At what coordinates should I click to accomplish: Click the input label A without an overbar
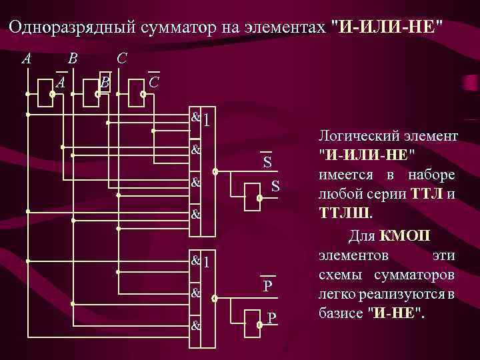tap(26, 59)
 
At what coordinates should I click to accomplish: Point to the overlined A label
tap(61, 82)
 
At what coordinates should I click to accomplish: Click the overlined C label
tap(154, 82)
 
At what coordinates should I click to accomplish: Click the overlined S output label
tap(267, 163)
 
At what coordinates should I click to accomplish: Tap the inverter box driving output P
tap(250, 326)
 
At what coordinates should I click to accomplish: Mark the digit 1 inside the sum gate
tap(207, 121)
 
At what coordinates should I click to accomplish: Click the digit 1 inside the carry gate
tap(207, 262)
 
